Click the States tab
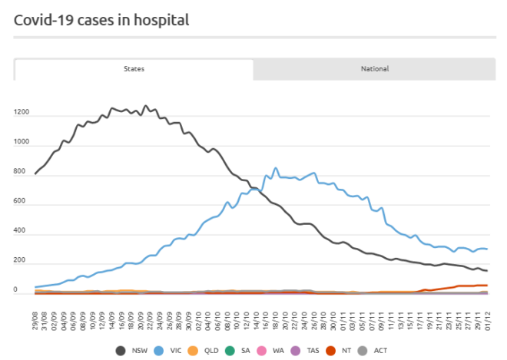click(134, 69)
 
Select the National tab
click(375, 69)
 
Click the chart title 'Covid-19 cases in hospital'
click(101, 19)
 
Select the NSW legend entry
click(131, 351)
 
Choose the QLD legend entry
click(207, 351)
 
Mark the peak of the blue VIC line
click(276, 168)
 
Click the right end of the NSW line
click(487, 271)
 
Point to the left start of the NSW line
click(35, 174)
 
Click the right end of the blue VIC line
click(487, 249)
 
